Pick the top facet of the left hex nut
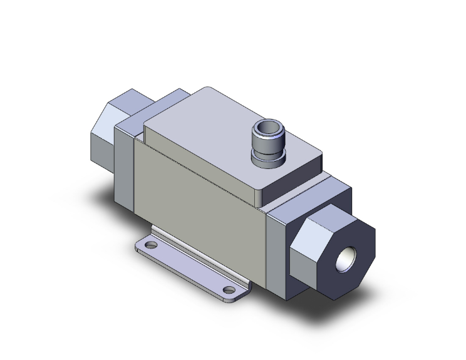pyautogui.click(x=128, y=100)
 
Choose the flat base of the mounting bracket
pyautogui.click(x=194, y=263)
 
